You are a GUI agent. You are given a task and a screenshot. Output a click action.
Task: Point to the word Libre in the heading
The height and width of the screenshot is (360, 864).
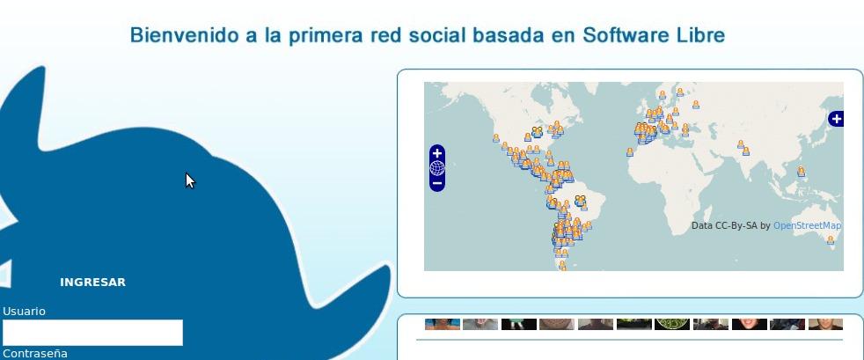coord(700,36)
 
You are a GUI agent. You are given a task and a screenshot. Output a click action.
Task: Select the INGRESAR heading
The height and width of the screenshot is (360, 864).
coord(92,283)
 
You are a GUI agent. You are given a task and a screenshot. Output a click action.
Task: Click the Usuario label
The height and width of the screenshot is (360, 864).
coord(24,312)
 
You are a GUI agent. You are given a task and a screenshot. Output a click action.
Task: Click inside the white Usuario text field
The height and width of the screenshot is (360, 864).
coord(92,333)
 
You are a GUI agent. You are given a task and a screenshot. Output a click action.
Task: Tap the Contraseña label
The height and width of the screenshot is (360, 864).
coord(34,354)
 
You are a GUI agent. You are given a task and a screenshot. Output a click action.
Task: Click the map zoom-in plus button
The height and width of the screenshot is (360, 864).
coord(437,153)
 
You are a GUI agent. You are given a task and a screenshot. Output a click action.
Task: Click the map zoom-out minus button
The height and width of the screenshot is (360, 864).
coord(437,183)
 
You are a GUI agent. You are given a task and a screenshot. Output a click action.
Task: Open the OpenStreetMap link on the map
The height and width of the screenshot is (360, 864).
coord(807,226)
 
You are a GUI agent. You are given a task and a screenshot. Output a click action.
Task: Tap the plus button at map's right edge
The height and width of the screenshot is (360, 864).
coord(836,119)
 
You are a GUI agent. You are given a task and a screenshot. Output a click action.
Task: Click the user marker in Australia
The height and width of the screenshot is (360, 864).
coord(830,239)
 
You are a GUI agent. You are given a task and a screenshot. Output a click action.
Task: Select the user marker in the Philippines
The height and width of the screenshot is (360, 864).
coord(801,172)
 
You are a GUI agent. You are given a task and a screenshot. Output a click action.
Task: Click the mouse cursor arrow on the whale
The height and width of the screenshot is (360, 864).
coord(189,180)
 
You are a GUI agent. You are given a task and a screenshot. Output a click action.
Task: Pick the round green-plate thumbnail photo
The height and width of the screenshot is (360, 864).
coord(672,323)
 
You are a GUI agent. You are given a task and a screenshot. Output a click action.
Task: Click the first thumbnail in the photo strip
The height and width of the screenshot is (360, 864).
coord(442,324)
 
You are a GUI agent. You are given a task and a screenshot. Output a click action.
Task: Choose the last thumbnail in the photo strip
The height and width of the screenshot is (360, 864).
coord(825,324)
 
